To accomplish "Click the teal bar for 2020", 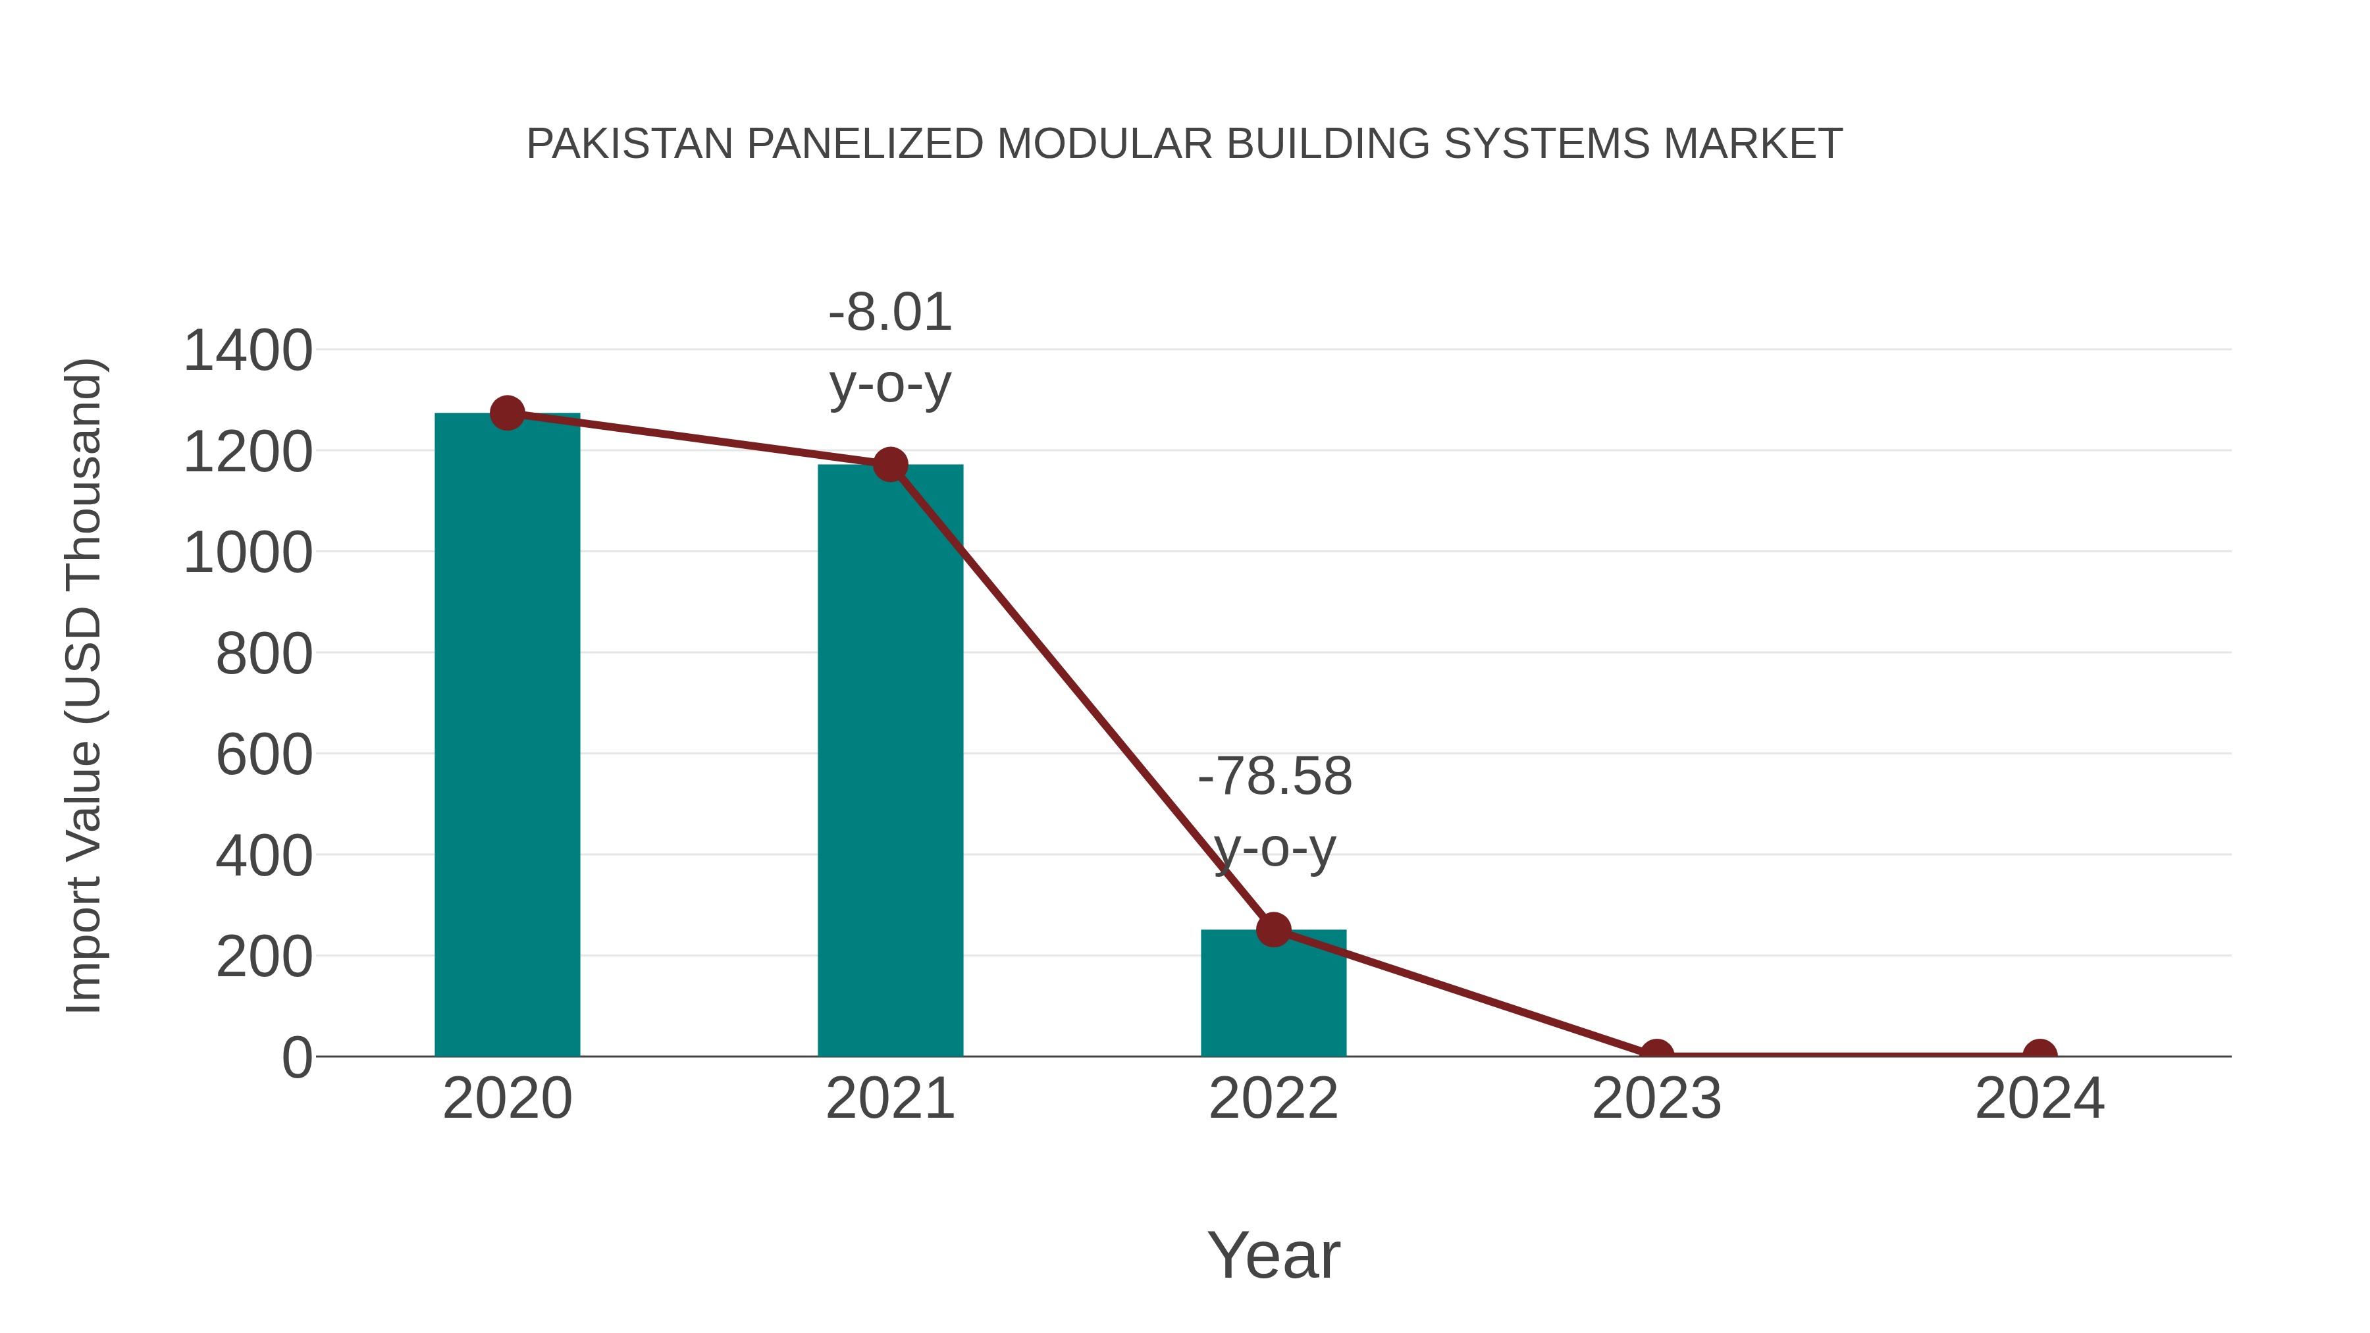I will [507, 736].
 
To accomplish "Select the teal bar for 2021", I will [889, 764].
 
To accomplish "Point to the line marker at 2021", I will [889, 465].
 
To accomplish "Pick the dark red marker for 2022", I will [1273, 930].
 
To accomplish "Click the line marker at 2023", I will [1656, 1053].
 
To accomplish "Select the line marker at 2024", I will [2040, 1053].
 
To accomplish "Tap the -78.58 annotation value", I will [1275, 777].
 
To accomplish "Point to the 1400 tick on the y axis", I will [248, 352].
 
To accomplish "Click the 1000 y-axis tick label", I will [248, 554].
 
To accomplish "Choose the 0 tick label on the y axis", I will [296, 1058].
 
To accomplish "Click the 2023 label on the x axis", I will [1656, 1099].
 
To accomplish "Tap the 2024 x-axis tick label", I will [2040, 1099].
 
